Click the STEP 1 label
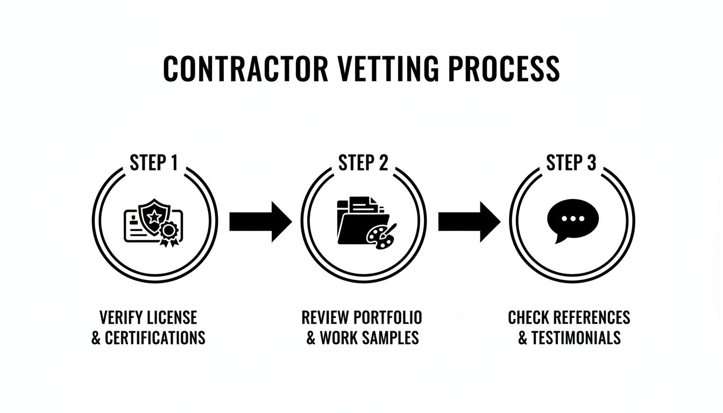154,163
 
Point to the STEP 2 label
363,163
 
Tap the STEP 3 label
571,163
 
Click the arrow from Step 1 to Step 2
260,222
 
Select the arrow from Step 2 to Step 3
469,222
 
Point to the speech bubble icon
572,220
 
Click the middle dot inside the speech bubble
572,219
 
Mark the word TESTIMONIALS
576,338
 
